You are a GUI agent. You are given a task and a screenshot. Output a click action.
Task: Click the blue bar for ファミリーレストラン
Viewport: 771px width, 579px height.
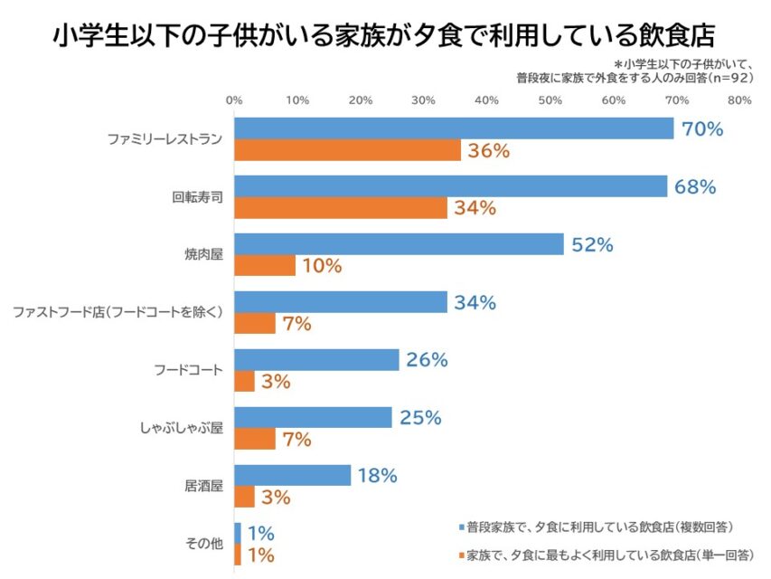click(454, 128)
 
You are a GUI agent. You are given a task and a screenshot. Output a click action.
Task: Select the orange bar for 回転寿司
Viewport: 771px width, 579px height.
click(341, 208)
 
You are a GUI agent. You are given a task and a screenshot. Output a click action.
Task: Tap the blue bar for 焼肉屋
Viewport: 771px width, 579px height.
click(399, 244)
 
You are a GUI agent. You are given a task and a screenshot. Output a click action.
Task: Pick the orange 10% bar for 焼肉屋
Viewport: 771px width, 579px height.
click(265, 266)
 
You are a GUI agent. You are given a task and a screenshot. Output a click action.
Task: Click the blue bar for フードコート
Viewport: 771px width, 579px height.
click(316, 360)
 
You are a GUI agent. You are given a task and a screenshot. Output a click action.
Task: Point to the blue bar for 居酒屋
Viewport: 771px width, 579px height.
click(292, 476)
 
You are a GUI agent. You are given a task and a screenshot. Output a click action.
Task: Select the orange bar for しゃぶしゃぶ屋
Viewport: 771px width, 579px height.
click(255, 440)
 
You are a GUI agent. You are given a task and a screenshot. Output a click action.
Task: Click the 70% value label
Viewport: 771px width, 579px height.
click(702, 129)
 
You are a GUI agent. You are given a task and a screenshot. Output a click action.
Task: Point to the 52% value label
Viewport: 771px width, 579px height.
click(592, 245)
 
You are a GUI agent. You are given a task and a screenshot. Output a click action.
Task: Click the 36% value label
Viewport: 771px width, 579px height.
click(489, 151)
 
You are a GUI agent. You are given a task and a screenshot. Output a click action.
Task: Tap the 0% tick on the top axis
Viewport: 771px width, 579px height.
click(234, 100)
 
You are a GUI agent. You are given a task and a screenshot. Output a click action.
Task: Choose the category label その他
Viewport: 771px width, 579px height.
click(203, 544)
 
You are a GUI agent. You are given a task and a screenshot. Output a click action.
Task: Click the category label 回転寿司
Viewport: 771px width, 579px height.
click(197, 196)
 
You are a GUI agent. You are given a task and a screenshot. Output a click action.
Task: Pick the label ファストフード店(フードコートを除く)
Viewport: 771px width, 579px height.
click(117, 312)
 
